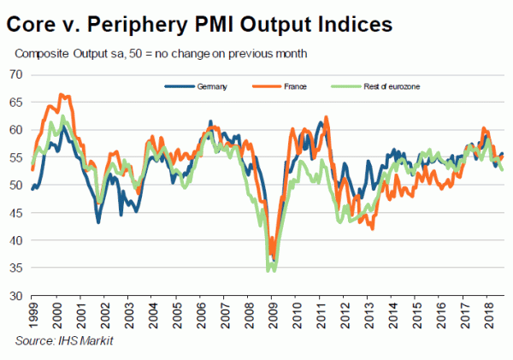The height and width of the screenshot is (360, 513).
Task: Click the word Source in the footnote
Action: point(35,342)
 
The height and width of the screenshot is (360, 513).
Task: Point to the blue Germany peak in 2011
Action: point(321,122)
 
